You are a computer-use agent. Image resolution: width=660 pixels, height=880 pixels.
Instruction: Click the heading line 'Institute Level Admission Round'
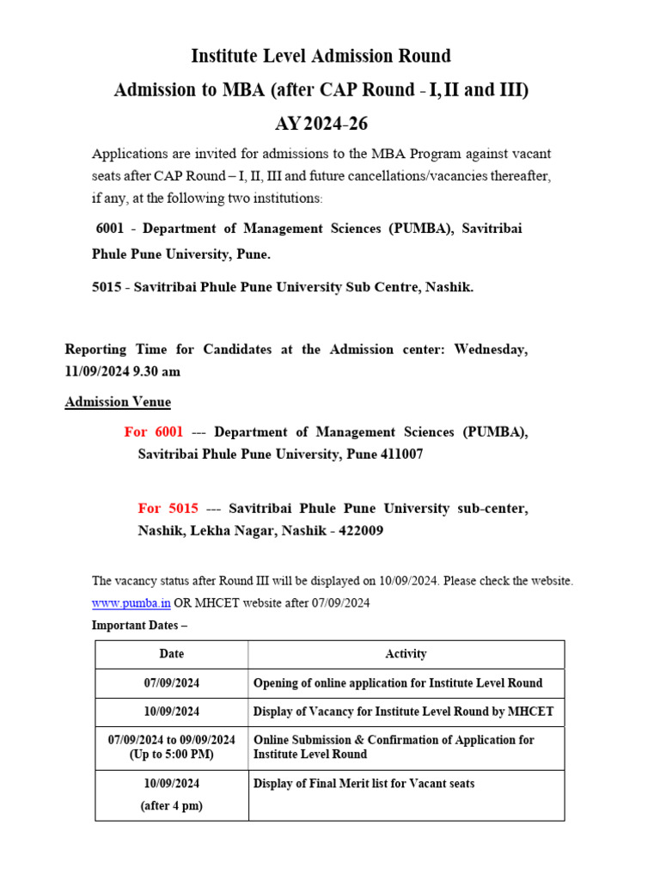click(x=321, y=57)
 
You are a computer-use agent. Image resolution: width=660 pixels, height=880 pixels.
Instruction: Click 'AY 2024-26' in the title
click(x=321, y=124)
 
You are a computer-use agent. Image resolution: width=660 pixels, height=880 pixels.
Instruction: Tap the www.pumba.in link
click(x=124, y=603)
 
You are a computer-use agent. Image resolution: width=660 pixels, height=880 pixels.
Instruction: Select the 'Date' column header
click(x=172, y=654)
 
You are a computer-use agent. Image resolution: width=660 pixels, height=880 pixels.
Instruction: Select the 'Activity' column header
click(x=406, y=654)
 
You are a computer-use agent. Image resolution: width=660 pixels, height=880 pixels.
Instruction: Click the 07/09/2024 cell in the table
click(x=172, y=683)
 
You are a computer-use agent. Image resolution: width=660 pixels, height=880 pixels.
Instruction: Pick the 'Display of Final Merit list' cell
click(x=364, y=783)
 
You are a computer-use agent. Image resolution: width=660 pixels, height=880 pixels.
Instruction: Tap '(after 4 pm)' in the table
click(x=172, y=806)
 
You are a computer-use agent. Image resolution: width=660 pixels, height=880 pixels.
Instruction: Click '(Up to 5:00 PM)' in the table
click(x=172, y=755)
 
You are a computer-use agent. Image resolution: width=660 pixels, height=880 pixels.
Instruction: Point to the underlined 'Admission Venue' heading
click(x=118, y=402)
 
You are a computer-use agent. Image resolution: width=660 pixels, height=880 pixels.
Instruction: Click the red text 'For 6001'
click(x=154, y=432)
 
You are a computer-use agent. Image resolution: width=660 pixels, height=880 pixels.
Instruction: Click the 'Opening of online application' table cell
click(x=398, y=683)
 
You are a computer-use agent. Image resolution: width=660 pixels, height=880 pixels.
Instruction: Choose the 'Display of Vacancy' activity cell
click(x=403, y=712)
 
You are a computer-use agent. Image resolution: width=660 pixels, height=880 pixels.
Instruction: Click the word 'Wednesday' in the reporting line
click(x=491, y=350)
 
